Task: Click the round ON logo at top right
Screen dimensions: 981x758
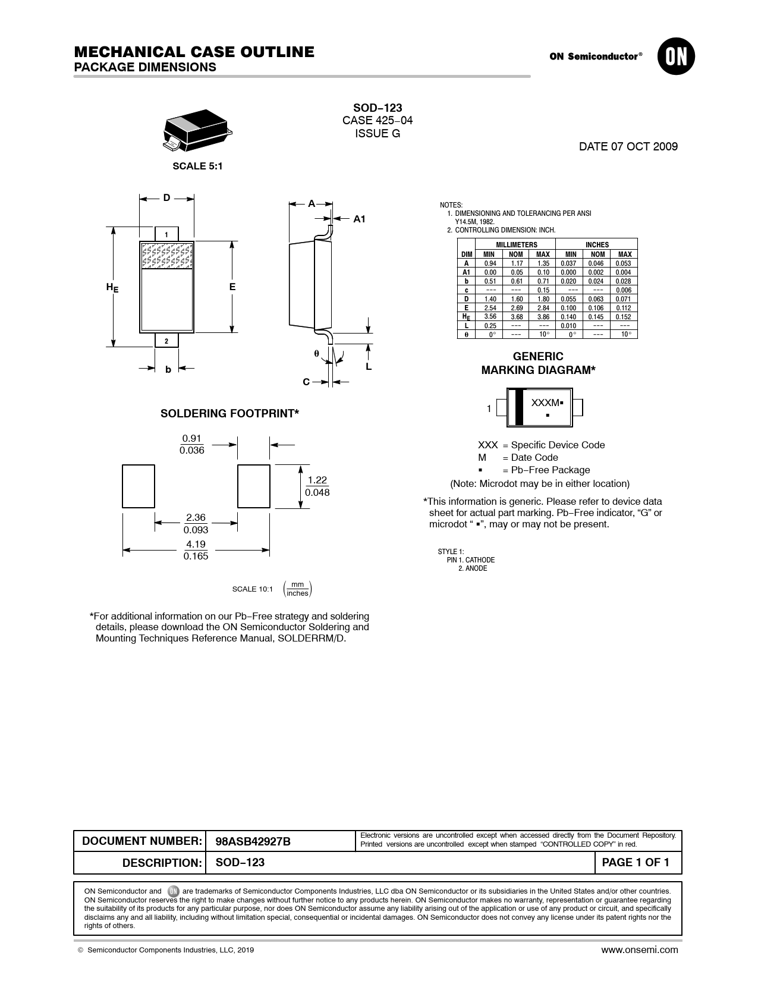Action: tap(676, 56)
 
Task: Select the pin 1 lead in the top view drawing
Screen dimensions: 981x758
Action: tap(166, 234)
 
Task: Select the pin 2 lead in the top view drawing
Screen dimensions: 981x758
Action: tap(166, 341)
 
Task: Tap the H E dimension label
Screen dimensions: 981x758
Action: tap(112, 288)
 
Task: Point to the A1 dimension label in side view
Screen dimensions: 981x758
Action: tap(359, 219)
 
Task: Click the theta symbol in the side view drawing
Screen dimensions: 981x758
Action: tap(317, 353)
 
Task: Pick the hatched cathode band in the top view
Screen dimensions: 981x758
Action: tap(167, 256)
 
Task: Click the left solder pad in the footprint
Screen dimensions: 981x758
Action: tap(139, 486)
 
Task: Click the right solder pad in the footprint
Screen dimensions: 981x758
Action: tap(254, 486)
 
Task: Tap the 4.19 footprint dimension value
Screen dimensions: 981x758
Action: tap(196, 545)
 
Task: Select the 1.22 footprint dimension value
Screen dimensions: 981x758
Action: tap(317, 480)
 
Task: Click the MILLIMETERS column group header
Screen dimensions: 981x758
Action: tap(516, 244)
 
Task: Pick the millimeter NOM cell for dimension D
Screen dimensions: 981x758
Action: tap(516, 299)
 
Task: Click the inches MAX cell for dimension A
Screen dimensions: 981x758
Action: tap(623, 263)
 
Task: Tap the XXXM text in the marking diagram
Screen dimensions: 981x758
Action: tap(546, 403)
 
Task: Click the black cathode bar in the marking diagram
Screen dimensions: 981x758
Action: tap(519, 407)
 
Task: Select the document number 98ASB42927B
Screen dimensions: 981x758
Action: tap(253, 841)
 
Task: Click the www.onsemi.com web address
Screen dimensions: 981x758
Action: tap(640, 949)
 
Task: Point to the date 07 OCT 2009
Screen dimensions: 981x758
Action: tap(628, 146)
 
